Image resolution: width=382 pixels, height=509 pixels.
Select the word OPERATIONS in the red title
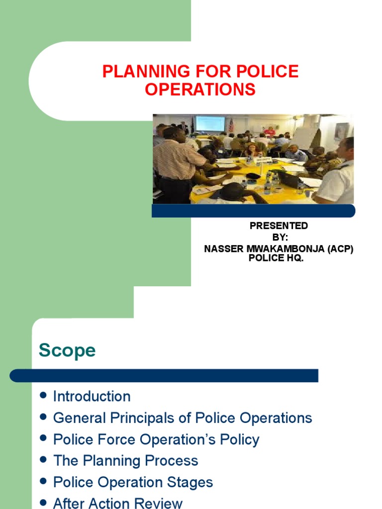pyautogui.click(x=200, y=90)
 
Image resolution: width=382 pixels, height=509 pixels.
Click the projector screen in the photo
pyautogui.click(x=210, y=123)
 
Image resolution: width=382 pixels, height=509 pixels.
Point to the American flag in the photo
pyautogui.click(x=230, y=124)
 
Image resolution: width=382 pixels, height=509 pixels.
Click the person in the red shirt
pyautogui.click(x=269, y=131)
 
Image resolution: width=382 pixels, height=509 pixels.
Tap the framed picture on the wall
pyautogui.click(x=341, y=131)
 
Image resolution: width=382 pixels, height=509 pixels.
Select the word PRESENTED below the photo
pyautogui.click(x=279, y=226)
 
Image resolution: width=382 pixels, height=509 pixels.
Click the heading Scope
pyautogui.click(x=67, y=350)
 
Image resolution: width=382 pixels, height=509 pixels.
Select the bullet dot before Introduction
pyautogui.click(x=43, y=396)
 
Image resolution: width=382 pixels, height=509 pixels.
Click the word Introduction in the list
pyautogui.click(x=92, y=397)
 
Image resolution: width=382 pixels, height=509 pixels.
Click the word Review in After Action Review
pyautogui.click(x=158, y=503)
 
